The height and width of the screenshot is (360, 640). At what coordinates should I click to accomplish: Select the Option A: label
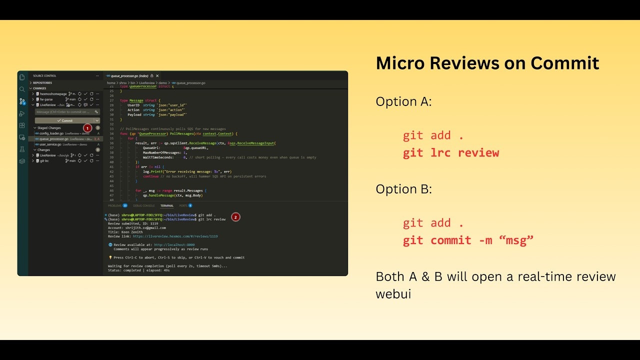pos(403,101)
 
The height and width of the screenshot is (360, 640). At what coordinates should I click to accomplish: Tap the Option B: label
pos(403,189)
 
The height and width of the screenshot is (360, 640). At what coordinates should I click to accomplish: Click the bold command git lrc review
pos(450,153)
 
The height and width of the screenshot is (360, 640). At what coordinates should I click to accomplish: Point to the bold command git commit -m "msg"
pos(468,240)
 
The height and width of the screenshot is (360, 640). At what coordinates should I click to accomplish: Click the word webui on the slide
pos(393,294)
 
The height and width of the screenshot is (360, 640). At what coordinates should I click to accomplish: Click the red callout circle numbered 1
pos(87,128)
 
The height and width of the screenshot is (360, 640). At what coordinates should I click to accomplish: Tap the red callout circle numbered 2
pos(235,217)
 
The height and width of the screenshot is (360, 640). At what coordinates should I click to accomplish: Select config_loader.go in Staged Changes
pos(51,133)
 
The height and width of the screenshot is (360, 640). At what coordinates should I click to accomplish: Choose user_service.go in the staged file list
pos(50,144)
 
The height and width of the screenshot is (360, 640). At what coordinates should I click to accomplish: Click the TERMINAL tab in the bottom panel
pos(167,205)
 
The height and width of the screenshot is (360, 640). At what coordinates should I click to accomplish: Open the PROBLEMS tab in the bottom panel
pos(115,205)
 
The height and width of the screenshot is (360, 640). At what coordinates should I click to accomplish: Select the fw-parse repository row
pos(46,99)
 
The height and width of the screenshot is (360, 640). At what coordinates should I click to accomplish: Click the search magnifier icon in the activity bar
pos(22,89)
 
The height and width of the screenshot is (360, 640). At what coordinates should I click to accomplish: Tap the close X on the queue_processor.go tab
pos(157,76)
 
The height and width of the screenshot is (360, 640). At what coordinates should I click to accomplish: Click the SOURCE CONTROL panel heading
pos(44,76)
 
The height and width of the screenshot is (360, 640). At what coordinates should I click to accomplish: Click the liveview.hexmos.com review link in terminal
pos(175,236)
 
